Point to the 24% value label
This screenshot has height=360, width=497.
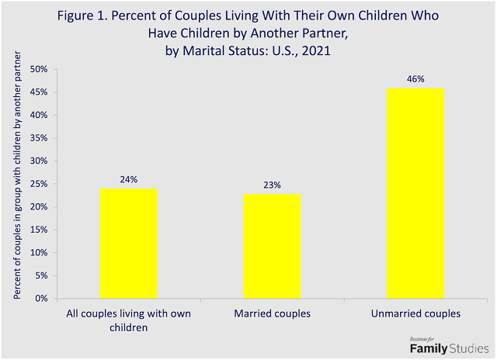point(128,179)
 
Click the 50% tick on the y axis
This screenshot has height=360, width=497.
point(39,70)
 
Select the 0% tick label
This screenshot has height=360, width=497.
point(41,299)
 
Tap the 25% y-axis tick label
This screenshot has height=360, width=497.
point(39,185)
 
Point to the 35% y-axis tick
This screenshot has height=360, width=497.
point(39,139)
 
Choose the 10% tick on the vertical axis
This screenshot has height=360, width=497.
point(39,253)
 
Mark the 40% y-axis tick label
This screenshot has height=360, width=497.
point(39,116)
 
